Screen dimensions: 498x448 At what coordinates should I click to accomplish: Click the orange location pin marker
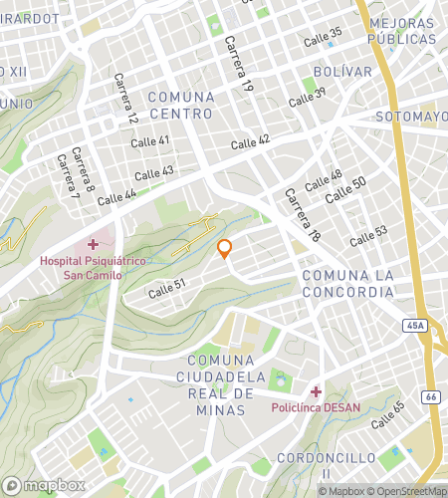[225, 249]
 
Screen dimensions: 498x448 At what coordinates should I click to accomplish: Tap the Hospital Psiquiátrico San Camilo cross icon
[93, 244]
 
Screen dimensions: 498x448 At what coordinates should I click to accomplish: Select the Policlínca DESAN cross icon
[316, 391]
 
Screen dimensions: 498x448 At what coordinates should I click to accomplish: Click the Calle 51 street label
[167, 289]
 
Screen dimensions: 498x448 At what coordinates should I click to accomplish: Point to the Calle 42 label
[250, 142]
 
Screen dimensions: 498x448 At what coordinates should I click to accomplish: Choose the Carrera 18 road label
[300, 215]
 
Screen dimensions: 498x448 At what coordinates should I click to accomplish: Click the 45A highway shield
[416, 325]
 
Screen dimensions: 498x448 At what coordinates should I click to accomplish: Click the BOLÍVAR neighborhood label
[342, 72]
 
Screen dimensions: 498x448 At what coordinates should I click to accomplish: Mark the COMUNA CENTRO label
[180, 105]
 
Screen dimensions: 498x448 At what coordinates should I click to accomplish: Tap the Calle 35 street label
[322, 34]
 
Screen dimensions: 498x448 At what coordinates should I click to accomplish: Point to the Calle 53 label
[368, 235]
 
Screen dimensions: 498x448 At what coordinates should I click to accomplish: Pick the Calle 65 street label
[386, 414]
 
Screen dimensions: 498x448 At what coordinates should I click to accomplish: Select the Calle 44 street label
[117, 198]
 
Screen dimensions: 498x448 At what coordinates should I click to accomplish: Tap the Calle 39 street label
[307, 98]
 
